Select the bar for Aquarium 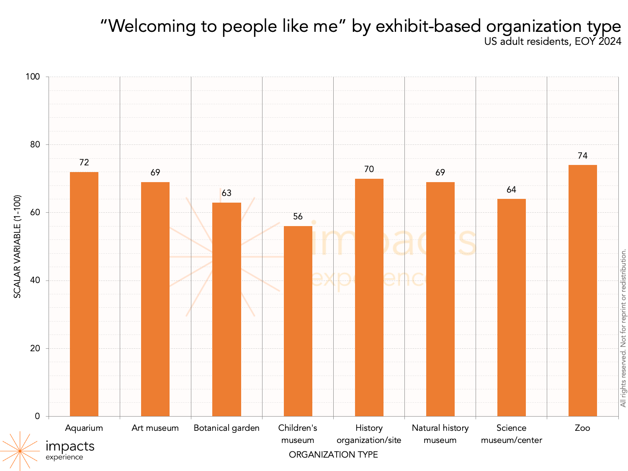pos(84,294)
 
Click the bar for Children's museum pos(298,321)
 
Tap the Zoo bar pos(582,291)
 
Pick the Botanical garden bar pos(226,309)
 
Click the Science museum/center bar pos(511,307)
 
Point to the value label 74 pos(582,156)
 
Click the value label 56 pos(298,216)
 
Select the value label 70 pos(369,169)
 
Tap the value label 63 pos(226,193)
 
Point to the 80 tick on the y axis pos(35,144)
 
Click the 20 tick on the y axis pos(35,348)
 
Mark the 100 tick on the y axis pos(33,77)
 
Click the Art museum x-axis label pos(155,428)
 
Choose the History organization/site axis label pos(369,434)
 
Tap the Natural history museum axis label pos(440,434)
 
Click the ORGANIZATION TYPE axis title pos(333,455)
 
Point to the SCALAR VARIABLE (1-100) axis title pos(17,246)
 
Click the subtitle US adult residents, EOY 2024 pos(553,41)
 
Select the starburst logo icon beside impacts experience pos(20,451)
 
